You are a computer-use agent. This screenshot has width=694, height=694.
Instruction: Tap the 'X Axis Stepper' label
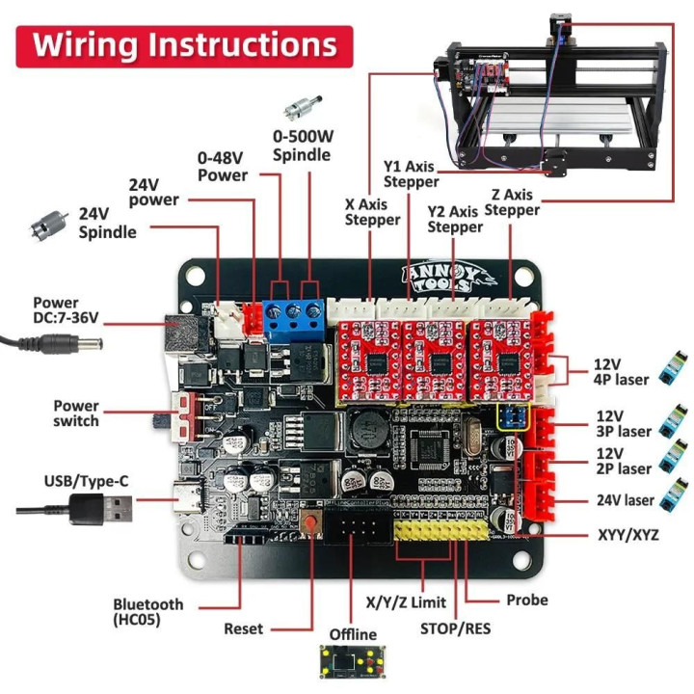click(372, 212)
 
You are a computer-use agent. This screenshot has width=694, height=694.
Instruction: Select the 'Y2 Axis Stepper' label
click(454, 220)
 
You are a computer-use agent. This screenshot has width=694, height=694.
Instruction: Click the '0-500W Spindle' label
click(302, 146)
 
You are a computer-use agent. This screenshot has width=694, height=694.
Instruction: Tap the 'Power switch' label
click(76, 414)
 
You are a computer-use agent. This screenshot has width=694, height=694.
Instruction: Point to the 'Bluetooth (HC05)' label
click(147, 611)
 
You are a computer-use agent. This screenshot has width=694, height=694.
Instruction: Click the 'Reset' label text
click(243, 628)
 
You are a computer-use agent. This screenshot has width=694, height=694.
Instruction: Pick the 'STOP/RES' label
click(454, 628)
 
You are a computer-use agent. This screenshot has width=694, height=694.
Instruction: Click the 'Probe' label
click(526, 600)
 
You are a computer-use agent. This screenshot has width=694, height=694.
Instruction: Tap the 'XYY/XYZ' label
click(627, 533)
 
